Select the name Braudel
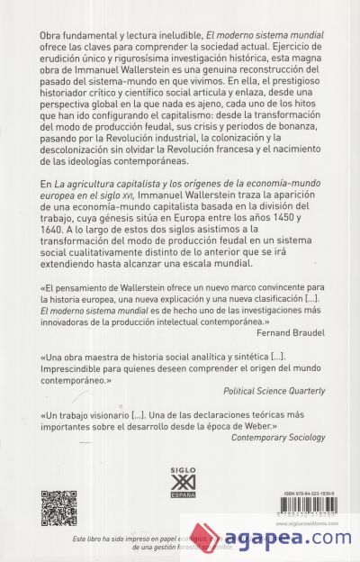pyautogui.click(x=305, y=331)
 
